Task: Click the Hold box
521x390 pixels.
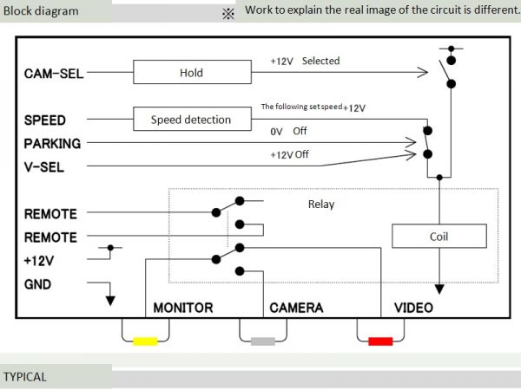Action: [x=191, y=73]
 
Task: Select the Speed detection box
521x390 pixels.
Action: [x=191, y=120]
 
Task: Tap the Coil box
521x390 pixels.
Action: [x=439, y=236]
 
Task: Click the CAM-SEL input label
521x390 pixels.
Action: [x=54, y=74]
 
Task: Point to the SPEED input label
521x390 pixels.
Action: [x=45, y=120]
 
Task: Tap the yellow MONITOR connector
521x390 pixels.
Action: [x=145, y=341]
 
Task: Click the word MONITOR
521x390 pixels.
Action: [x=182, y=308]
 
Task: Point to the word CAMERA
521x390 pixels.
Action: [x=296, y=308]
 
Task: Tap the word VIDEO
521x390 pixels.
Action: [x=414, y=308]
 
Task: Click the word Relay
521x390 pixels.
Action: [x=321, y=205]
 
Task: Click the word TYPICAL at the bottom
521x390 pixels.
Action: [x=25, y=377]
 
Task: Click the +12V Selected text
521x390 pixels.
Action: [x=306, y=62]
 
